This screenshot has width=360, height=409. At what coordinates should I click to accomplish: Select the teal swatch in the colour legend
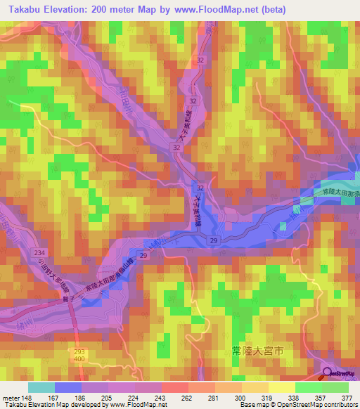(41, 387)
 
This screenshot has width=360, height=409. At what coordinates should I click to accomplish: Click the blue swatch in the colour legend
(68, 387)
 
